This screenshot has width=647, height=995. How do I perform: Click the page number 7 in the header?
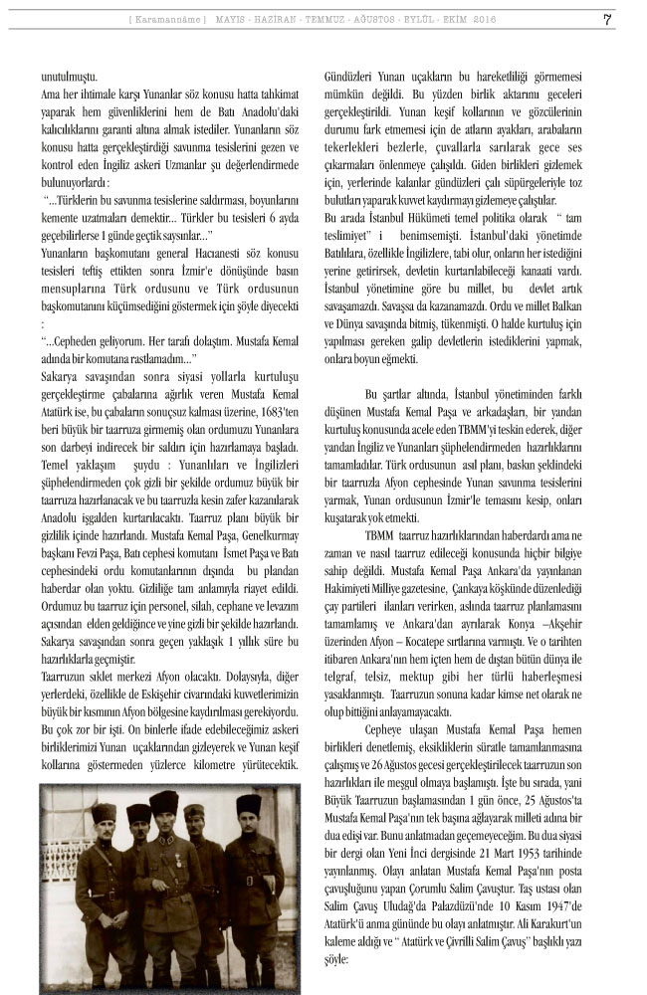[607, 19]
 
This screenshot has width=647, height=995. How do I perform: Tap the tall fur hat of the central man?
[163, 802]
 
